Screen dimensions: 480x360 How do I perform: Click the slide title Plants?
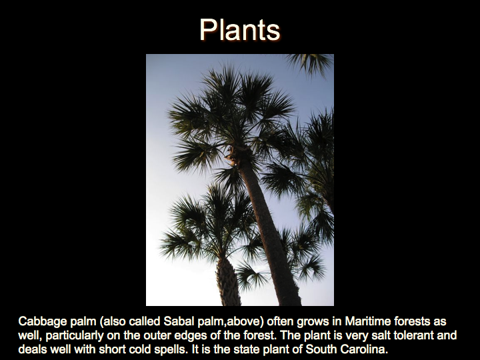click(240, 30)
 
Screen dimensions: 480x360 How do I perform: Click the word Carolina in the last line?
click(363, 349)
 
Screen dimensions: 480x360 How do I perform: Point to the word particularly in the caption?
click(75, 336)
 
